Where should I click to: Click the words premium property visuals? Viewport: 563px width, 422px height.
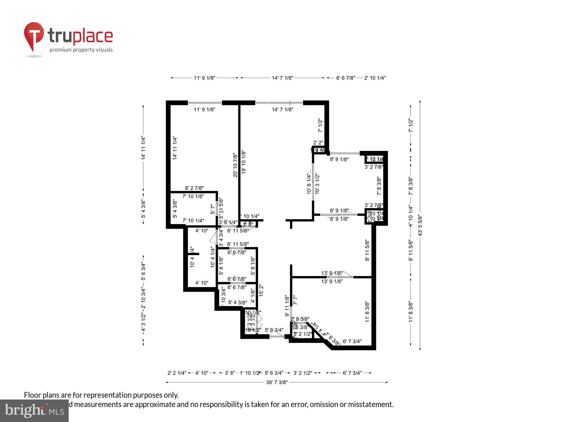coord(81,50)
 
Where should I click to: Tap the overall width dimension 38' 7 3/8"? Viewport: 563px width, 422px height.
coord(277,382)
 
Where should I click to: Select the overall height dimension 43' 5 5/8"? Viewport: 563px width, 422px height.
coord(420,225)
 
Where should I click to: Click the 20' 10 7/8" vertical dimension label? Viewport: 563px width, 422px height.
coord(235,165)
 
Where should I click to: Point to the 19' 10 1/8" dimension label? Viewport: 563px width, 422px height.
coord(244,162)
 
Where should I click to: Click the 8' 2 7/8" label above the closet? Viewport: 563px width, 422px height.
coord(194,188)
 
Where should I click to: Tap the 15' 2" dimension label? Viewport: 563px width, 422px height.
coord(261,290)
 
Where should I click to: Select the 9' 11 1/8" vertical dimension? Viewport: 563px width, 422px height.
coord(287,306)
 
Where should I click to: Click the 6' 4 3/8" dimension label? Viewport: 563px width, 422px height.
coord(238,302)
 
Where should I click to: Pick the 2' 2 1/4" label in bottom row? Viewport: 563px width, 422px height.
coord(177,373)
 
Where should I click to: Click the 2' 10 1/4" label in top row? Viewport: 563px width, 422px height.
coord(375,78)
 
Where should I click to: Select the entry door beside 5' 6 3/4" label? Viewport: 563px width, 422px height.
coord(277,336)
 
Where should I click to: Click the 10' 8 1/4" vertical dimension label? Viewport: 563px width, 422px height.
coord(309,183)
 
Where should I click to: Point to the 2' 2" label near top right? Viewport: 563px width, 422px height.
coord(318,143)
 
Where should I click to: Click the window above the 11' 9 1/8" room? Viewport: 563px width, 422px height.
coord(205,103)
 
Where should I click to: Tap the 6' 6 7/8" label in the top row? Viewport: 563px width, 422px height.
coord(346,78)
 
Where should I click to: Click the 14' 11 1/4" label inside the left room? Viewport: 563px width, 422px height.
coord(175,148)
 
